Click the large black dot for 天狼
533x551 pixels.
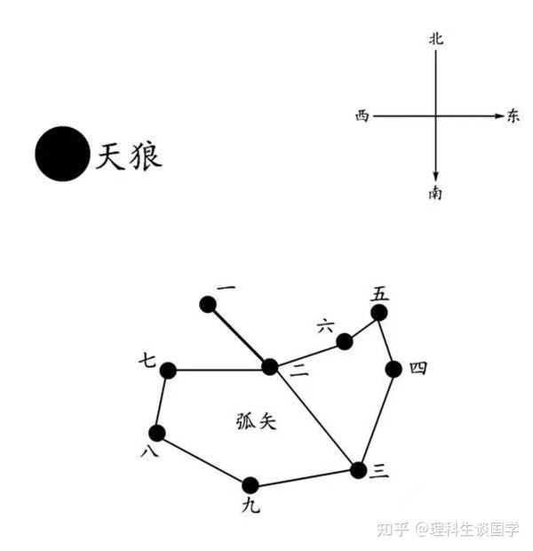click(x=62, y=154)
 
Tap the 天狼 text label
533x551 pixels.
click(x=129, y=156)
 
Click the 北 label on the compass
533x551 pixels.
click(x=435, y=38)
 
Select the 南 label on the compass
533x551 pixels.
click(x=435, y=193)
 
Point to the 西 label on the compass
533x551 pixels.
click(x=361, y=116)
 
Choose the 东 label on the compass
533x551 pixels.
click(x=513, y=116)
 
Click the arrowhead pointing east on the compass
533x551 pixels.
click(x=499, y=116)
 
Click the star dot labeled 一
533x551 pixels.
click(x=208, y=305)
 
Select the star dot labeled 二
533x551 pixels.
click(x=270, y=367)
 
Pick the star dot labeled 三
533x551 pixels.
click(x=358, y=470)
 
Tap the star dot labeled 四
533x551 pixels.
click(x=394, y=369)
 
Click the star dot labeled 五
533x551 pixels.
click(x=379, y=313)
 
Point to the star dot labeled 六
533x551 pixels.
click(x=344, y=341)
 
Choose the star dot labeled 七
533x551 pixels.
click(x=168, y=371)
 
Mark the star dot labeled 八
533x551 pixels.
click(x=157, y=433)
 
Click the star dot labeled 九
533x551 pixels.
click(x=251, y=485)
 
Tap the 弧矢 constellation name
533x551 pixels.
click(x=257, y=421)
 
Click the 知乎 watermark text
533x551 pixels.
click(x=391, y=530)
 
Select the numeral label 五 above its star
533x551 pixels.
click(x=380, y=293)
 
